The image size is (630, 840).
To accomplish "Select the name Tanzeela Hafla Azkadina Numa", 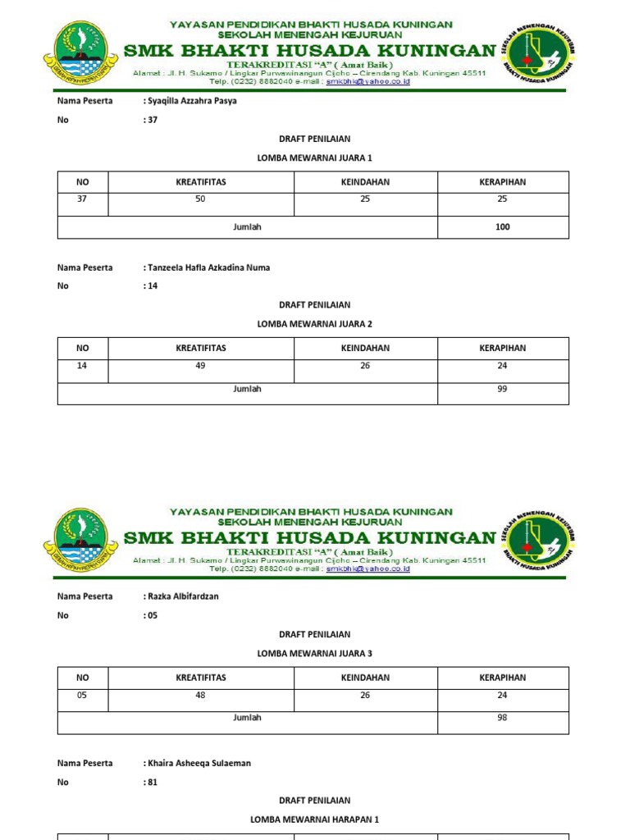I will pos(208,267).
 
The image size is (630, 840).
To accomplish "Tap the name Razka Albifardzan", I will pos(183,596).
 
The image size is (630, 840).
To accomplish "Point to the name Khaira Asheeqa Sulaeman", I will pos(199,763).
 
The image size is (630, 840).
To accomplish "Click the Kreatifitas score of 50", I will pos(201,199).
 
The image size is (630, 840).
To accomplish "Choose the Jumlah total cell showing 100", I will pos(502,227).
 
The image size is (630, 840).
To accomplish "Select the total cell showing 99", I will pos(502,389).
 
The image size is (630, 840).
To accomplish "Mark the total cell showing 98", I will pos(502,718).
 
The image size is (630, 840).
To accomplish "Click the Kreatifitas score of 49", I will pos(201,366).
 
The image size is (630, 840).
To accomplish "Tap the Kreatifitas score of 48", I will pos(201,696).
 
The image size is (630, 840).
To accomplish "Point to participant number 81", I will pos(153,782).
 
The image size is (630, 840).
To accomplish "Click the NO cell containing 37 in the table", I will pos(82,199).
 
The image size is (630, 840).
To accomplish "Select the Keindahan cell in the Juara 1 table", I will pos(365,199).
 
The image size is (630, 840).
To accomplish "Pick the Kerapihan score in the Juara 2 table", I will pos(502,366).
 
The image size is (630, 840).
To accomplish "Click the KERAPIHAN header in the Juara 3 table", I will pos(502,678).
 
